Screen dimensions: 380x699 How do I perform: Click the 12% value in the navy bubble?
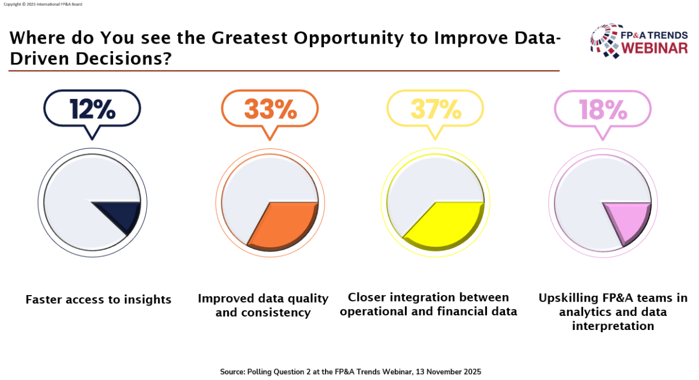coord(92,109)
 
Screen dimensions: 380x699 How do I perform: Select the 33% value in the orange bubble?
coord(270,109)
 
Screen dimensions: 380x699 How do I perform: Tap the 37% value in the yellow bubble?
coord(435,109)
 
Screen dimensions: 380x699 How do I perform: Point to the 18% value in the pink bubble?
coord(602,109)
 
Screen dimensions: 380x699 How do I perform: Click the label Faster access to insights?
coord(98,300)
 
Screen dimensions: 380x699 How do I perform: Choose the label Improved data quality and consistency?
coord(263,306)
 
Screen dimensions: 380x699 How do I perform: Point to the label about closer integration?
coord(428,304)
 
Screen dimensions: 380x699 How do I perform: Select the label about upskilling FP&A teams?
coord(613,312)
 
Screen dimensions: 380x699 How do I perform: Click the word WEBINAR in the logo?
coord(654,48)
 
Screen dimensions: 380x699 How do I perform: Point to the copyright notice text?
coord(43,4)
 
